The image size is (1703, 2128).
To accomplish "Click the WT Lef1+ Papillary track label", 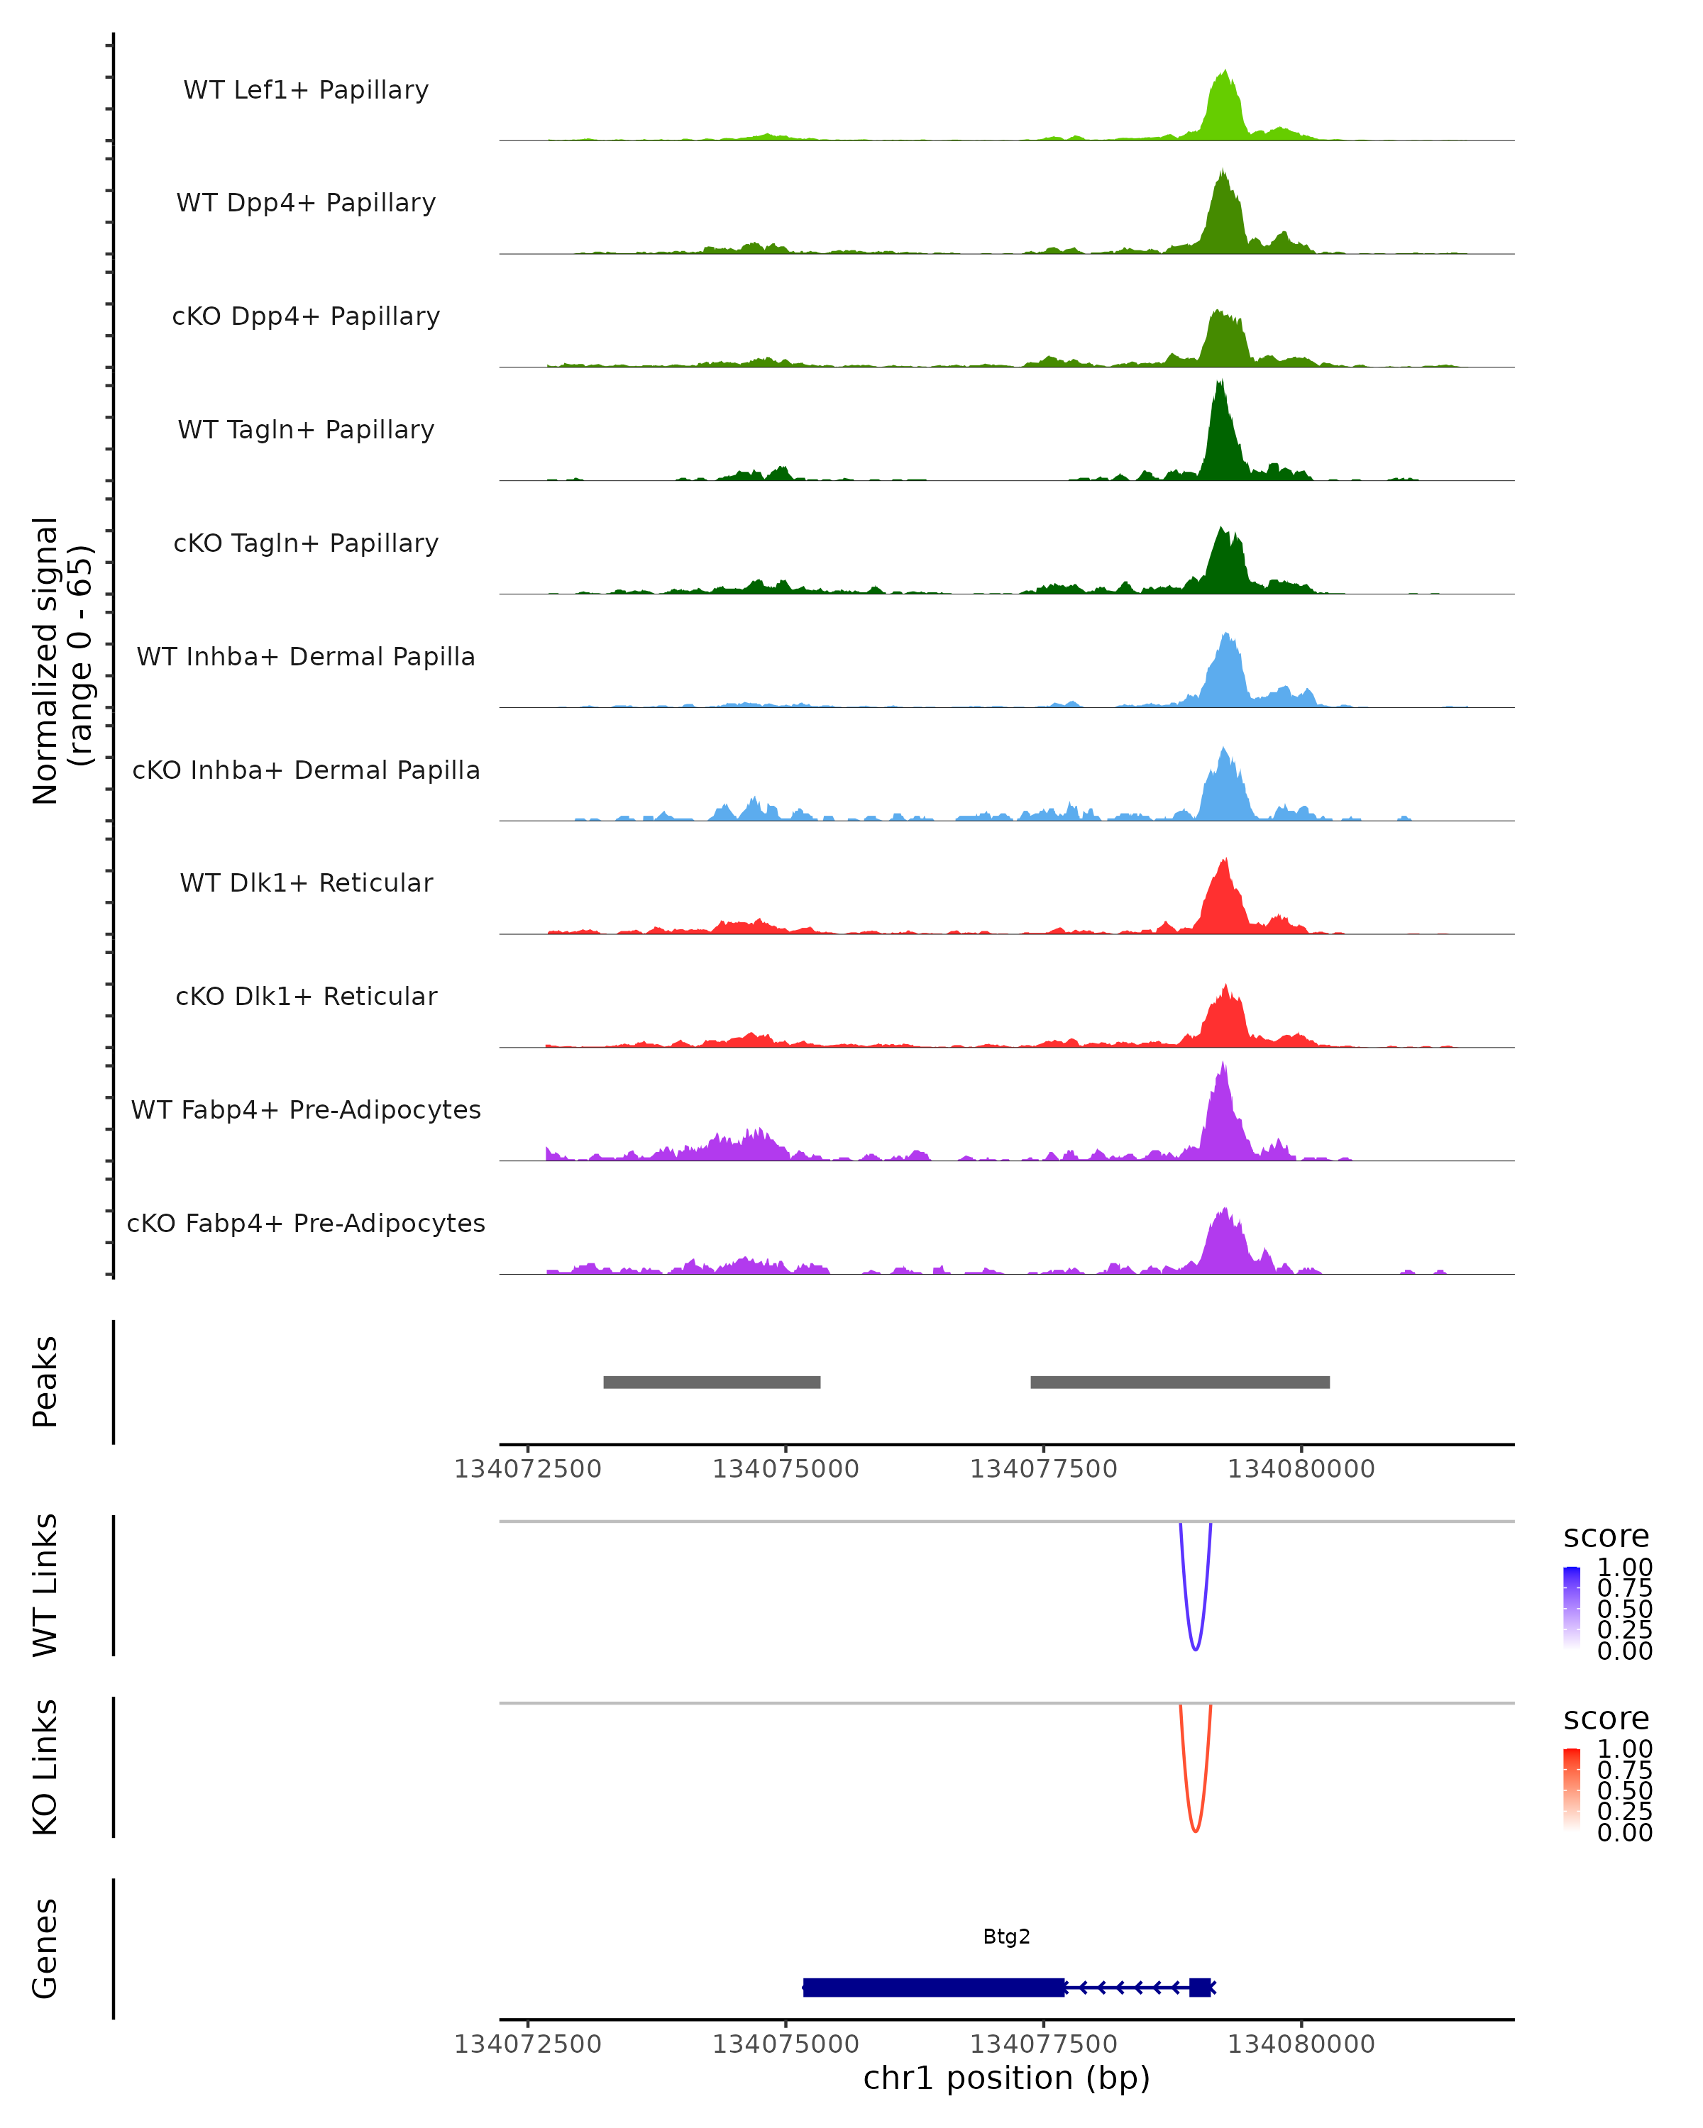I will (306, 90).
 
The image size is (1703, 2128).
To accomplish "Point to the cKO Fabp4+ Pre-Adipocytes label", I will (306, 1223).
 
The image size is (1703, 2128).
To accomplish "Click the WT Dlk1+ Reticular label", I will (306, 882).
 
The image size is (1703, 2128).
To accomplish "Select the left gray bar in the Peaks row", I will (712, 1382).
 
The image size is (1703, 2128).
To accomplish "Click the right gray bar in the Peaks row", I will (1180, 1382).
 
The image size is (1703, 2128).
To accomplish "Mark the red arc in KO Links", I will (1196, 1829).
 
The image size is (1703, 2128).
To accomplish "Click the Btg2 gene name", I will (1006, 1936).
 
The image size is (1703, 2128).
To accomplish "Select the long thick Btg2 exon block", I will (934, 1987).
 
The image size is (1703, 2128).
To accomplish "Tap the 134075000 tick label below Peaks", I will (786, 1469).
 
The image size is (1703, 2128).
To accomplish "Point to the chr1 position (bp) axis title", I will (1006, 2078).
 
